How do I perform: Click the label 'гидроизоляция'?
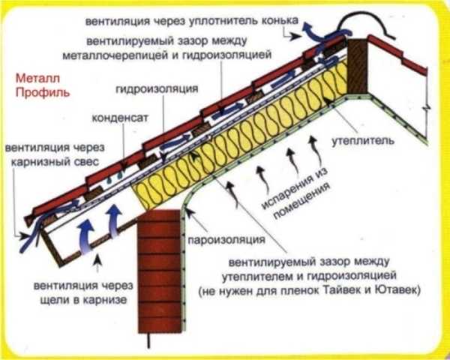[157, 89]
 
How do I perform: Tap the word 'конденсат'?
[120, 118]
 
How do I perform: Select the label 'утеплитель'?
[363, 141]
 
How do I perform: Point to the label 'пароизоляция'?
[226, 240]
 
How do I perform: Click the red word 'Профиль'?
[43, 93]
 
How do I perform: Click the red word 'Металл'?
[37, 78]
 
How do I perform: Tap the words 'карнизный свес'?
[55, 162]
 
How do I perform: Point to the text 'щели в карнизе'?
[83, 300]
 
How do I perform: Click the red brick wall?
[160, 271]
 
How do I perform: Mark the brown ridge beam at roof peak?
[357, 66]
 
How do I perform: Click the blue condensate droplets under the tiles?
[115, 177]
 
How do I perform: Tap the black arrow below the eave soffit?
[98, 262]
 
